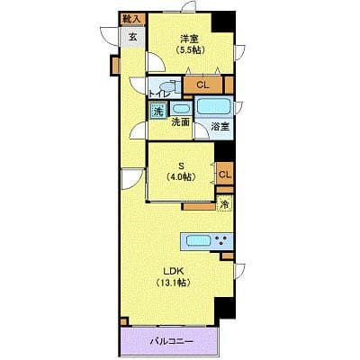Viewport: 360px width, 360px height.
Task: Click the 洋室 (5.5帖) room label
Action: (x=190, y=44)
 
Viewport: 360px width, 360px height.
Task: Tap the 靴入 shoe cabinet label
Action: (x=132, y=19)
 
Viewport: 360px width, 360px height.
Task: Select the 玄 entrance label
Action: (x=132, y=37)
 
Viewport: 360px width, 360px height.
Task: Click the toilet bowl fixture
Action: (x=167, y=86)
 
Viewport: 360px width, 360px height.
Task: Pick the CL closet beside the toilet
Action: (x=202, y=85)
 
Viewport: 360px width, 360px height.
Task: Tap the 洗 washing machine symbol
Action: (x=157, y=112)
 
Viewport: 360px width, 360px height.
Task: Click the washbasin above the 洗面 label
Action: (x=181, y=109)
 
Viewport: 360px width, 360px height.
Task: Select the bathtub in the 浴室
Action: (x=214, y=106)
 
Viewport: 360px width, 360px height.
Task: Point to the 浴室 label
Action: (x=220, y=127)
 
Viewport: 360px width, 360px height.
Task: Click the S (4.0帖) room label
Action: (x=182, y=171)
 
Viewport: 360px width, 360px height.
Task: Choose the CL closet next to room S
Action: (x=225, y=174)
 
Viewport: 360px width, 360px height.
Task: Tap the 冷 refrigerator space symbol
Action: (x=224, y=204)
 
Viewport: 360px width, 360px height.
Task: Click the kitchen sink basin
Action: (x=198, y=240)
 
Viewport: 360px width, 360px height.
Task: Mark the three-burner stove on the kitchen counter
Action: (x=221, y=240)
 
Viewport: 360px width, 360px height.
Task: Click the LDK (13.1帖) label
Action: (x=174, y=276)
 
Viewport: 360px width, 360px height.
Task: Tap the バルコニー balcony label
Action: (x=172, y=341)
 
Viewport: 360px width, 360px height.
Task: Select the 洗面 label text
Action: (x=180, y=122)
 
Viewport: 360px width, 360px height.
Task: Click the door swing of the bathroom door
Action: (x=201, y=131)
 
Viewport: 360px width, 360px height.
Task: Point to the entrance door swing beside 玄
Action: (x=111, y=36)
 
